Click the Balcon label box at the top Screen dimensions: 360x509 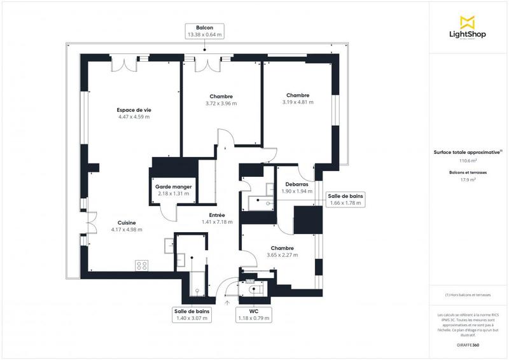[x=204, y=32]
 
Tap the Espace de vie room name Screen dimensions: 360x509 [x=134, y=110]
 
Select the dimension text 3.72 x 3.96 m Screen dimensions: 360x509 [x=221, y=104]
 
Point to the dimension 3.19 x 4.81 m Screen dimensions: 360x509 [x=298, y=102]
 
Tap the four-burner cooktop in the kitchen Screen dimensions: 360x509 [x=141, y=265]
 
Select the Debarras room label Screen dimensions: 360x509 [x=296, y=184]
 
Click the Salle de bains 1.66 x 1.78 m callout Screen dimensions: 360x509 [x=345, y=199]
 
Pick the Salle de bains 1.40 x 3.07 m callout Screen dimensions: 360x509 [x=192, y=314]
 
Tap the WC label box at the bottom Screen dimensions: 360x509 [x=253, y=314]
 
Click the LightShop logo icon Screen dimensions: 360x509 [x=467, y=21]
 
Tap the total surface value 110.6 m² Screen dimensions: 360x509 [x=468, y=161]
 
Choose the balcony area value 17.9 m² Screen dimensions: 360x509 [x=468, y=180]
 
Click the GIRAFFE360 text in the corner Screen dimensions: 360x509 [x=468, y=345]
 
